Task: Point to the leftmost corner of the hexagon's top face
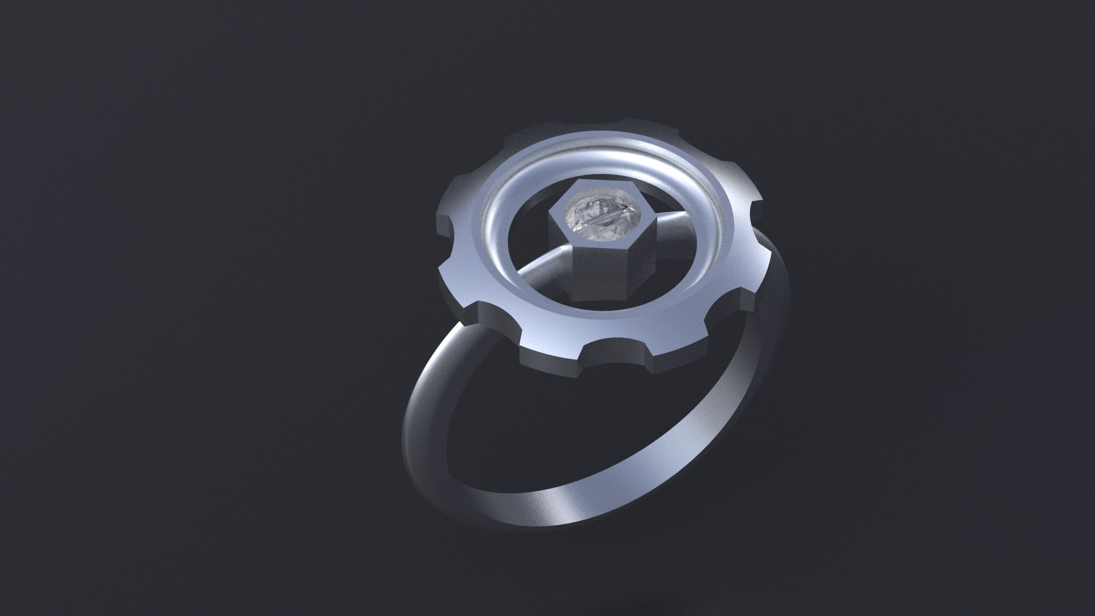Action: [x=549, y=215]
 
